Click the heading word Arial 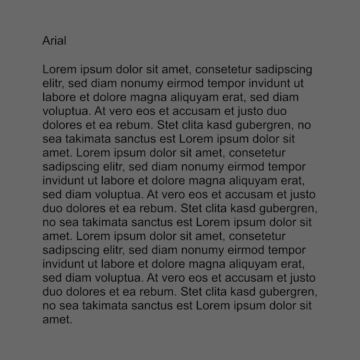54,41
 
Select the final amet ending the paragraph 57,320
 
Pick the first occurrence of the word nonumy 142,84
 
